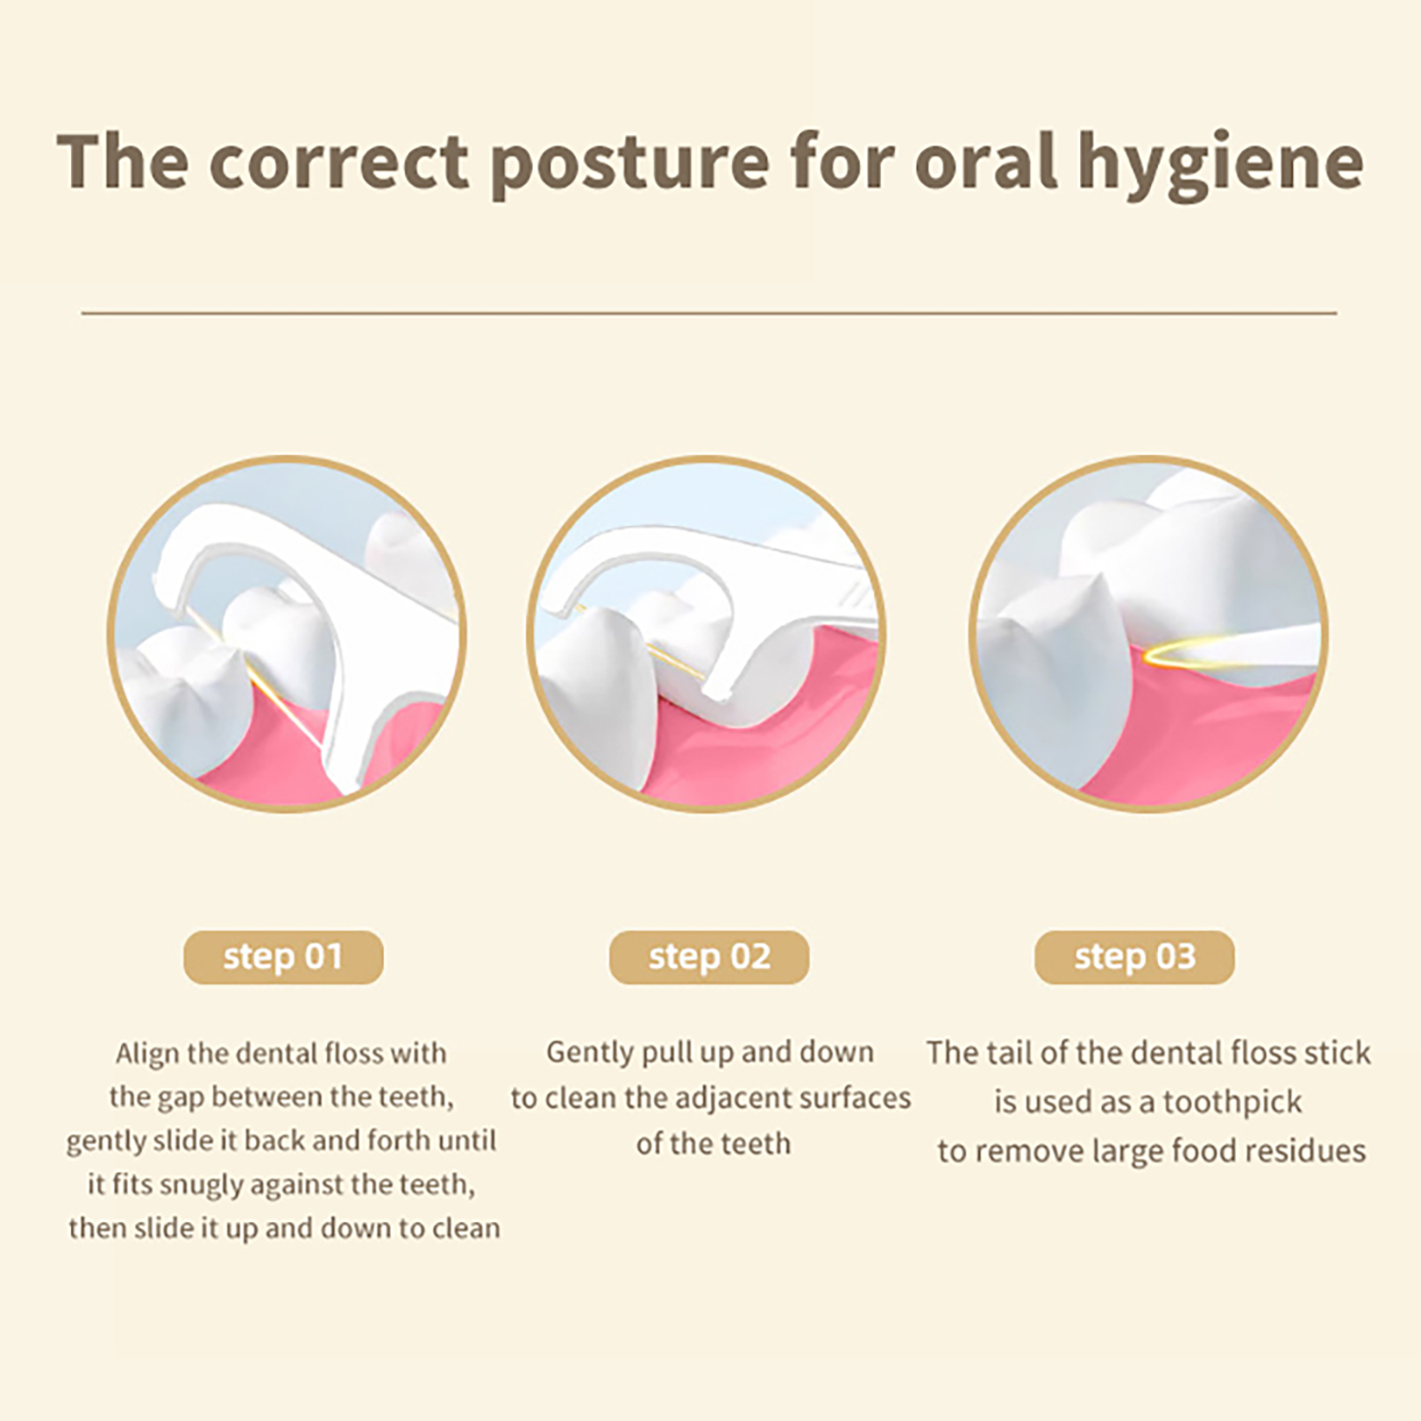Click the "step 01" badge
[283, 957]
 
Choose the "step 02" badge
[709, 957]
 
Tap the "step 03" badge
[1134, 957]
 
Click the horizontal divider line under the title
[709, 313]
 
